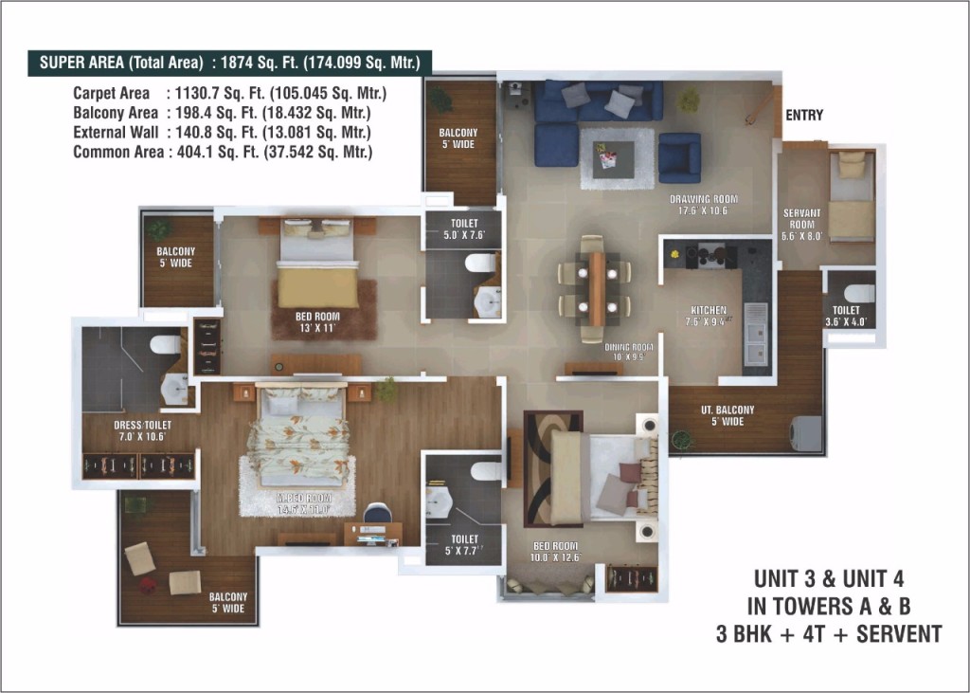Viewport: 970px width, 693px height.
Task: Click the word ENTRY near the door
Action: tap(804, 115)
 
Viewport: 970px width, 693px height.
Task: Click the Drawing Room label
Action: tap(703, 205)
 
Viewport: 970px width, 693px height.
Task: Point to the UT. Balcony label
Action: tap(727, 415)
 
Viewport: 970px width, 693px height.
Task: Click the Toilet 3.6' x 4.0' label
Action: tap(846, 316)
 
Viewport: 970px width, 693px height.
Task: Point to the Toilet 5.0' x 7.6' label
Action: tap(464, 228)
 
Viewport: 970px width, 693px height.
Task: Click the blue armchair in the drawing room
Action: tap(679, 156)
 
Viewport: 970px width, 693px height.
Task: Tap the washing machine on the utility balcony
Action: tap(806, 432)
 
